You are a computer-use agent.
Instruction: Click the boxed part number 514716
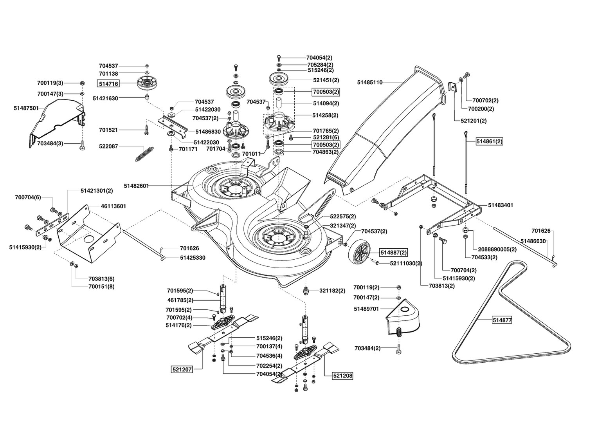(x=108, y=84)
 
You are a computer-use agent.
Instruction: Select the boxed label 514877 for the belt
(x=502, y=320)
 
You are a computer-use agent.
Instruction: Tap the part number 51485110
(x=370, y=82)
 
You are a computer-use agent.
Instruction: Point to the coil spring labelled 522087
(x=144, y=154)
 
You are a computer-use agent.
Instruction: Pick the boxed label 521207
(x=182, y=370)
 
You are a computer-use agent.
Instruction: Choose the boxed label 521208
(x=342, y=376)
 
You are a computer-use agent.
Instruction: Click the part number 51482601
(x=136, y=186)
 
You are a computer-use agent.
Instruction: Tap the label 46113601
(x=113, y=206)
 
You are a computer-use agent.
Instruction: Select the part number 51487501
(x=26, y=108)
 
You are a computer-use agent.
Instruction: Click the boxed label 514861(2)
(x=489, y=142)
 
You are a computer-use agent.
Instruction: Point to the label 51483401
(x=501, y=205)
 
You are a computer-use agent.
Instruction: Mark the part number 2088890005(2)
(x=497, y=249)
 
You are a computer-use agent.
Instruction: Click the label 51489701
(x=366, y=309)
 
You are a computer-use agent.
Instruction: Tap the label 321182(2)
(x=332, y=291)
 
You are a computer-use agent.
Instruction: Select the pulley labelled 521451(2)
(x=279, y=79)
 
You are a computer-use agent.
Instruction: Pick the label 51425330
(x=193, y=258)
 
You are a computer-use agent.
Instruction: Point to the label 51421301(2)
(x=97, y=191)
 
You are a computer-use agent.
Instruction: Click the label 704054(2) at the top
(x=319, y=58)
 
